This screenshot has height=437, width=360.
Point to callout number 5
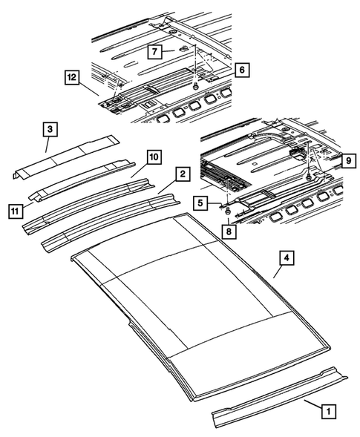point(200,202)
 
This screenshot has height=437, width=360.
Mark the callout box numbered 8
point(228,231)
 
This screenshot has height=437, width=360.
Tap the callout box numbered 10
point(152,157)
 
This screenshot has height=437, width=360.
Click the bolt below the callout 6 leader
point(195,87)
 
